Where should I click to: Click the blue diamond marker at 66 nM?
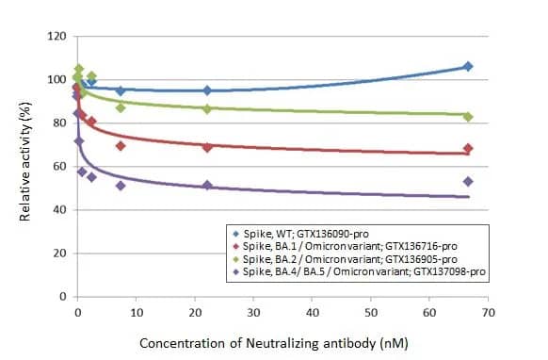click(468, 66)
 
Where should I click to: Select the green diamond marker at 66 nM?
click(468, 117)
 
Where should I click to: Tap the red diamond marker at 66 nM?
click(468, 149)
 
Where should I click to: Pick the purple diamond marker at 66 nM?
click(468, 181)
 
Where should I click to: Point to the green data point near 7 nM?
click(121, 107)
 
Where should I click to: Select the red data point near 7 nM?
click(121, 146)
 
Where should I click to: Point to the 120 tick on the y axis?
click(57, 37)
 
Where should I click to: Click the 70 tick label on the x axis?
click(487, 312)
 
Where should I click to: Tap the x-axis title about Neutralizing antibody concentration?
click(273, 344)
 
